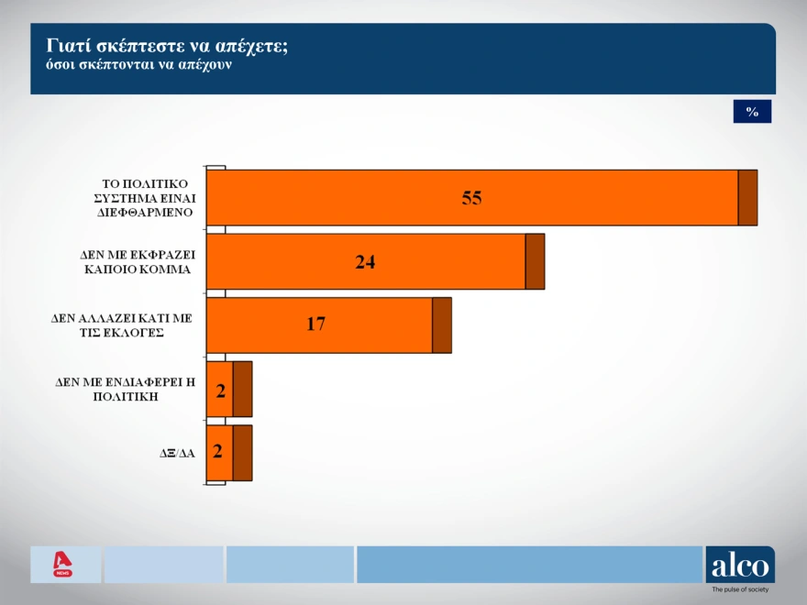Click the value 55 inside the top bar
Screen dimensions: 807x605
click(471, 198)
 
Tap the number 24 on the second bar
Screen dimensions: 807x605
click(365, 262)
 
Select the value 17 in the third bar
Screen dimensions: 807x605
click(316, 324)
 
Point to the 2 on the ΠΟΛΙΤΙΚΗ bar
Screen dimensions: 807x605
click(221, 391)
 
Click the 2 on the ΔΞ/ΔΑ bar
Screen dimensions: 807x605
click(217, 451)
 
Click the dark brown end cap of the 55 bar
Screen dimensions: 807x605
click(747, 198)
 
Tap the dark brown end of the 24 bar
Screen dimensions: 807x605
click(535, 261)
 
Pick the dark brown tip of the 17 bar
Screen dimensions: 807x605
click(442, 325)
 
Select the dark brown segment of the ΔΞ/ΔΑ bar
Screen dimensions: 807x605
click(242, 453)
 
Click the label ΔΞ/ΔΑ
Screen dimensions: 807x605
click(177, 453)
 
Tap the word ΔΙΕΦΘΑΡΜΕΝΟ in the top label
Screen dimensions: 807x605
click(145, 213)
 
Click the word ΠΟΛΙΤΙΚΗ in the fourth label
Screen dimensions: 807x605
click(126, 397)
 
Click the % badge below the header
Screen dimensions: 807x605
click(752, 112)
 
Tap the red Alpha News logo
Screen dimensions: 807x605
click(62, 565)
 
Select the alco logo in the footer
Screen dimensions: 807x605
click(740, 565)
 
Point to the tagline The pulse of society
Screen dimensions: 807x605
click(740, 589)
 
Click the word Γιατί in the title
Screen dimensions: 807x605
click(62, 47)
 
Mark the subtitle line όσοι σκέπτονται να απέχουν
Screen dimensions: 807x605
click(139, 65)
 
